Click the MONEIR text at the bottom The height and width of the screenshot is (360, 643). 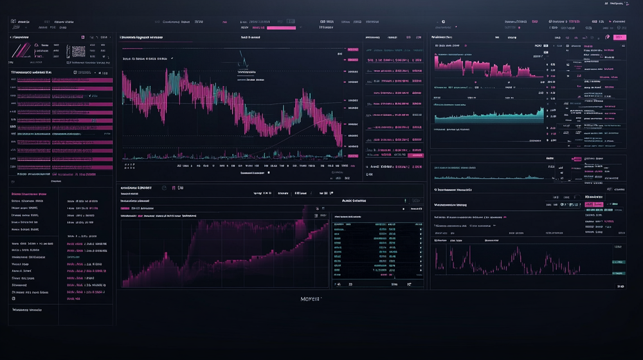pyautogui.click(x=311, y=299)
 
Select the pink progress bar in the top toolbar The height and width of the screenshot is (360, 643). pyautogui.click(x=281, y=28)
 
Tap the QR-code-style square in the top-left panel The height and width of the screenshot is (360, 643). pyautogui.click(x=78, y=51)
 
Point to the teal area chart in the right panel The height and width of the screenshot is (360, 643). pyautogui.click(x=489, y=114)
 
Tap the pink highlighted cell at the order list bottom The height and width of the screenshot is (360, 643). pyautogui.click(x=416, y=155)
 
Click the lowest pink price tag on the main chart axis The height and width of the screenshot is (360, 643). pyautogui.click(x=353, y=156)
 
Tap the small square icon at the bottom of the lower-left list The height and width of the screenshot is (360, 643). pyautogui.click(x=14, y=299)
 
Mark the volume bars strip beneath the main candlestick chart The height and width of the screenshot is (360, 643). pyautogui.click(x=231, y=155)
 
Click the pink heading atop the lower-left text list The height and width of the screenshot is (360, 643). pyautogui.click(x=29, y=194)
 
